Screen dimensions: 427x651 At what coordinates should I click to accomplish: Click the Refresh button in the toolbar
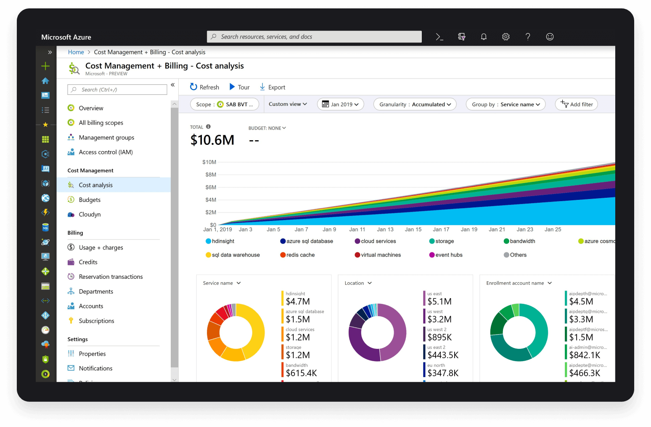204,87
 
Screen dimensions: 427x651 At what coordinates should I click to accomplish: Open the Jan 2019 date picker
340,105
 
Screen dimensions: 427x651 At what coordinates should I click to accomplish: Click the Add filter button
577,105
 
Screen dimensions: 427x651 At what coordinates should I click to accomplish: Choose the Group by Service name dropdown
505,105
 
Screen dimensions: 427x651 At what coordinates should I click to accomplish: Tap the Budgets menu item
90,200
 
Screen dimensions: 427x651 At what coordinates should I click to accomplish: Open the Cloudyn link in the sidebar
90,215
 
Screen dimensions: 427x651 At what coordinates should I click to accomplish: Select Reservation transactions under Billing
111,277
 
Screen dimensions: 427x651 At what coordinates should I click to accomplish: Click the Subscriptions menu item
96,321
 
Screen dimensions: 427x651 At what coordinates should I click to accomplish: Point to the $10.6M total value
212,140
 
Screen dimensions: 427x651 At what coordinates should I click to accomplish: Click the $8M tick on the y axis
211,175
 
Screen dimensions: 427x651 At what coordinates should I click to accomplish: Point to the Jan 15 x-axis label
413,230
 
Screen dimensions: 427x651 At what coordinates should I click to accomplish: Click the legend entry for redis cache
300,255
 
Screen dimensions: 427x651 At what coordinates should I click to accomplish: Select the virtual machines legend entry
381,255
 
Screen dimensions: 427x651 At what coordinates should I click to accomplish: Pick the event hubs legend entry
449,255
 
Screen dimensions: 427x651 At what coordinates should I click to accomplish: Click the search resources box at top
314,37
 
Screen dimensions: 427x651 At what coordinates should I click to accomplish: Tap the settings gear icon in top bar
506,37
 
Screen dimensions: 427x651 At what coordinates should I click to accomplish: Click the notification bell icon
484,37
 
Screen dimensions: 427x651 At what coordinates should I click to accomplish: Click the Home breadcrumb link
76,52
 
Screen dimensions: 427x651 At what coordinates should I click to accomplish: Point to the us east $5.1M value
439,301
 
